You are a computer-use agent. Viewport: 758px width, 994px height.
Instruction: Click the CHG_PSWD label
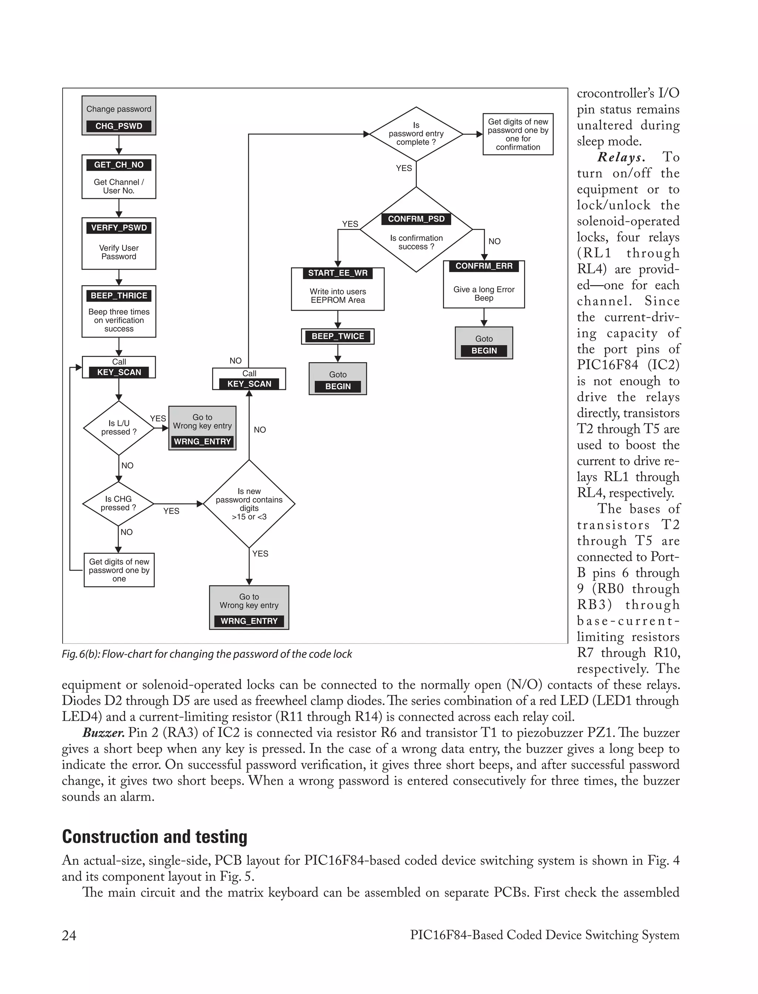point(119,126)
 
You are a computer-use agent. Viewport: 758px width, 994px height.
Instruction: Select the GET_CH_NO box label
point(119,165)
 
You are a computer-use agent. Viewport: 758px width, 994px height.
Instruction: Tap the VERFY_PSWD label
point(119,227)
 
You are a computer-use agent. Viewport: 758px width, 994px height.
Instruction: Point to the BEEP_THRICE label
point(119,296)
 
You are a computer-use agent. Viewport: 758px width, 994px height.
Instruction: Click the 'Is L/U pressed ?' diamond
point(119,427)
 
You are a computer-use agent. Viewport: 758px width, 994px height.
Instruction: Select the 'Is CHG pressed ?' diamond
point(118,503)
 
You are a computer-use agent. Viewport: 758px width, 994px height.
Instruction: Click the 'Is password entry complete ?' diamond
point(416,134)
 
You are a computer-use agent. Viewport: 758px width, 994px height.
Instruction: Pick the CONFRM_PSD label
point(416,219)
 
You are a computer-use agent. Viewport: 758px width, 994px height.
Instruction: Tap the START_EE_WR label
point(338,273)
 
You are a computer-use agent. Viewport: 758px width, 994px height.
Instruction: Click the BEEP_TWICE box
point(338,336)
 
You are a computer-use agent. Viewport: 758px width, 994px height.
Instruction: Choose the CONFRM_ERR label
point(484,266)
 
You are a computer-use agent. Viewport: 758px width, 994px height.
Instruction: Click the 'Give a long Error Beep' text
point(484,293)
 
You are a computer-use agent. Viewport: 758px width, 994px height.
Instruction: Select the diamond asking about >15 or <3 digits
point(249,504)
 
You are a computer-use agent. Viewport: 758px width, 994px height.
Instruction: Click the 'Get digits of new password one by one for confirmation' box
point(518,134)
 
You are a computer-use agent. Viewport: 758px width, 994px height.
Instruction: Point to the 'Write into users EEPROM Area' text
point(338,296)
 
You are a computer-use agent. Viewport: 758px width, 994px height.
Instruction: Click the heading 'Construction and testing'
point(155,837)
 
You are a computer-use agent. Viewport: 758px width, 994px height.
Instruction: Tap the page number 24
point(69,935)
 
